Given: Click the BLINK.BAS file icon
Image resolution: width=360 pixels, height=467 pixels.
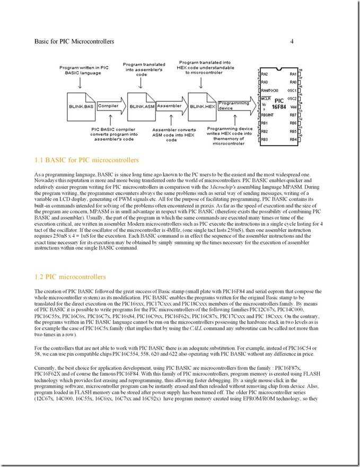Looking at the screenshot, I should (x=81, y=106).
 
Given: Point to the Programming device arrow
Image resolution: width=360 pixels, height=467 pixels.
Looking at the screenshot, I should (x=233, y=106).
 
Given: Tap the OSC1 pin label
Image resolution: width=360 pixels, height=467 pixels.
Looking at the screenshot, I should (x=291, y=90).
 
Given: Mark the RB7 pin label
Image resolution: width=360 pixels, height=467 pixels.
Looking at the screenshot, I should (x=292, y=115).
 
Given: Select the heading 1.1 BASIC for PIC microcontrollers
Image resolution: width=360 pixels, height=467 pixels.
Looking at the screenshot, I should (x=86, y=160).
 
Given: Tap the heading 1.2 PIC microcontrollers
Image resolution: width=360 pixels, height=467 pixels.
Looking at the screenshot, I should (x=70, y=276).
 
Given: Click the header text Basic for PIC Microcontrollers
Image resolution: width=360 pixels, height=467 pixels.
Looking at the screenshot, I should (x=74, y=41).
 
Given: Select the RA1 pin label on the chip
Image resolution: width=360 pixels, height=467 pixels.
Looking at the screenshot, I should (x=292, y=74).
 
